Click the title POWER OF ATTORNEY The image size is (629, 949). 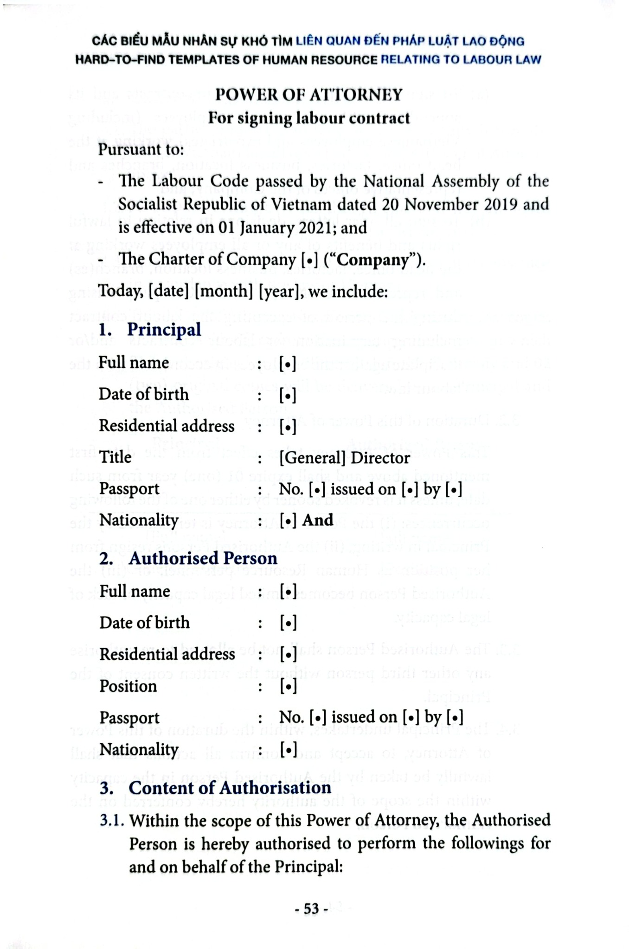click(x=309, y=95)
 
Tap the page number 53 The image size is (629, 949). click(x=311, y=909)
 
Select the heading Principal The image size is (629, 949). click(x=164, y=329)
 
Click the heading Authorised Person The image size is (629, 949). click(x=203, y=558)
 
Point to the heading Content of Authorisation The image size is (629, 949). click(x=230, y=788)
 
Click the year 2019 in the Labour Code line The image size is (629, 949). click(x=499, y=204)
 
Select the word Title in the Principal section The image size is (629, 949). click(x=116, y=457)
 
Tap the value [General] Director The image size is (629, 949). click(x=345, y=458)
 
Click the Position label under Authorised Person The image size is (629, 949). click(x=128, y=686)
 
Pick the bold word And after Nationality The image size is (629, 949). click(x=318, y=520)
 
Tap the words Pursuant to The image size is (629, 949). click(x=141, y=149)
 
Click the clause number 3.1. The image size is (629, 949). click(x=112, y=821)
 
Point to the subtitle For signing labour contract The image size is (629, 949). click(x=309, y=118)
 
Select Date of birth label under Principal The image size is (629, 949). click(x=144, y=394)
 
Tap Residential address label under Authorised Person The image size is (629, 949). click(x=167, y=654)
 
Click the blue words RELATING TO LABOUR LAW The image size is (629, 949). click(x=461, y=59)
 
